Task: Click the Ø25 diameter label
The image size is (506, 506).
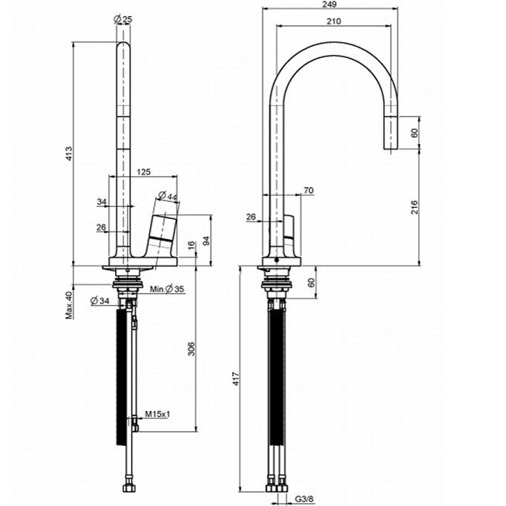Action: coord(123,19)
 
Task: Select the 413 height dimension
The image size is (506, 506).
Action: coord(70,154)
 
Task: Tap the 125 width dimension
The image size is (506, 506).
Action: coord(144,171)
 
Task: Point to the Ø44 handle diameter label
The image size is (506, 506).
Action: coord(168,196)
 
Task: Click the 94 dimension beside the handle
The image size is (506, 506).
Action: coord(206,240)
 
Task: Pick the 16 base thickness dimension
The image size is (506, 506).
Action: coord(191,246)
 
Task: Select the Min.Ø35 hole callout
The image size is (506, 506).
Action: coord(167,289)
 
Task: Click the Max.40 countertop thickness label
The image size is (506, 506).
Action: coord(70,305)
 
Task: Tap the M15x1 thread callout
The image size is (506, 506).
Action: coord(157,414)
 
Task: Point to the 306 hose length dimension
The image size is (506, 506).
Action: coord(191,349)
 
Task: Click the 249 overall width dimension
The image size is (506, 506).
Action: coord(329,4)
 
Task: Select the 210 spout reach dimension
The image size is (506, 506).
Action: coord(334,22)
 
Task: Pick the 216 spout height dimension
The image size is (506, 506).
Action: coord(415,207)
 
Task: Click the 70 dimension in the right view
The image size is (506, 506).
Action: coord(309,191)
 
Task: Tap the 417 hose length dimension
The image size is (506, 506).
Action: coord(236,379)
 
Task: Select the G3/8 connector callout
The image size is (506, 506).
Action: coord(304,499)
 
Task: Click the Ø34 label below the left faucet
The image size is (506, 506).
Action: coord(100,301)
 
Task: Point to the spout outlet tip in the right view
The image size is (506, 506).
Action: coord(391,149)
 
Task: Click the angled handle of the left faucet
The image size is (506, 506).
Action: coord(162,231)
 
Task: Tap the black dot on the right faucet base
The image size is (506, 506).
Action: coord(275,260)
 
